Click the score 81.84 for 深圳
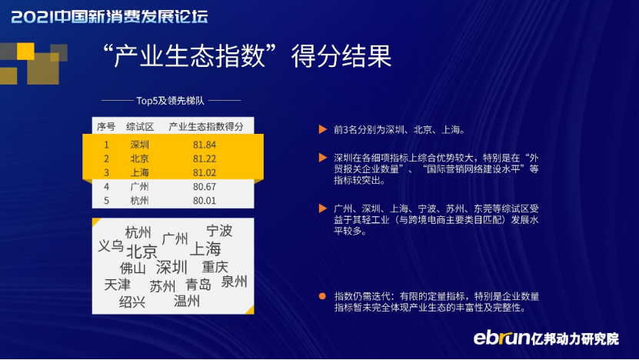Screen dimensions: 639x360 pyautogui.click(x=205, y=145)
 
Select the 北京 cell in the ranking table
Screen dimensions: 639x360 pyautogui.click(x=139, y=158)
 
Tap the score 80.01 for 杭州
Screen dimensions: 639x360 pyautogui.click(x=205, y=201)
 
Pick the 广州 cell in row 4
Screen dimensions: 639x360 pyautogui.click(x=139, y=187)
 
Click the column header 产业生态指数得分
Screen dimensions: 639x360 pyautogui.click(x=206, y=127)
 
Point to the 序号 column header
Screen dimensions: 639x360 pyautogui.click(x=106, y=127)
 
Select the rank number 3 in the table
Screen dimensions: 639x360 pyautogui.click(x=106, y=173)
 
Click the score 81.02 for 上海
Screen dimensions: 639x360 pyautogui.click(x=205, y=173)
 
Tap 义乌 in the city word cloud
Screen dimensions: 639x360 pyautogui.click(x=111, y=246)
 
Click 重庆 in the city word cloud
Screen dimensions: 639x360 pyautogui.click(x=215, y=267)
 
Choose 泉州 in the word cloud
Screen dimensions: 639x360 pyautogui.click(x=234, y=282)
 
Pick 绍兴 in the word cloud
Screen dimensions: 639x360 pyautogui.click(x=132, y=302)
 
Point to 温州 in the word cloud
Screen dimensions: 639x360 pyautogui.click(x=187, y=301)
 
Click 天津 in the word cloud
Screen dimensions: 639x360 pyautogui.click(x=117, y=285)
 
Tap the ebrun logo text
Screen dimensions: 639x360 pyautogui.click(x=501, y=338)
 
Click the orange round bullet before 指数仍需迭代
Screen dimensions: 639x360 pyautogui.click(x=322, y=296)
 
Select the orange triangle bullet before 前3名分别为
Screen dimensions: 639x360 pyautogui.click(x=323, y=130)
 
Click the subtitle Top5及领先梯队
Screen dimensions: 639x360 pyautogui.click(x=171, y=100)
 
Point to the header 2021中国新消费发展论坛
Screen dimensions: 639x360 pyautogui.click(x=110, y=17)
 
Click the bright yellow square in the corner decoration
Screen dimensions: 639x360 pyautogui.click(x=25, y=52)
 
